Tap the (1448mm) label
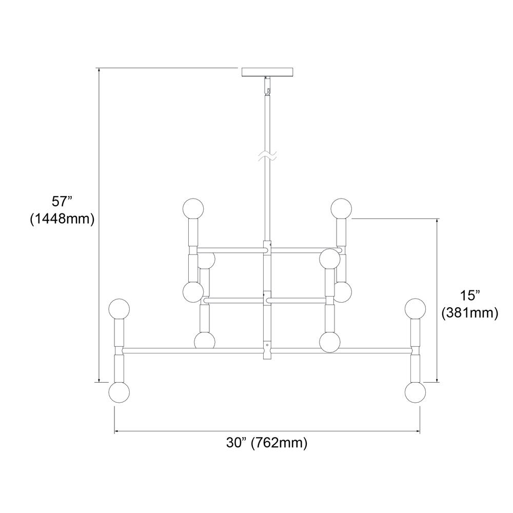(62, 219)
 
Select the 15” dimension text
(469, 295)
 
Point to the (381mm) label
(470, 313)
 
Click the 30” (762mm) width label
(267, 443)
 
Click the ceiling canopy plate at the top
(267, 72)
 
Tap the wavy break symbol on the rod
(267, 156)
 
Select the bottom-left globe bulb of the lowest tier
(119, 392)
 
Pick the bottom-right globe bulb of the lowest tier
(415, 392)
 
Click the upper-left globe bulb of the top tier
(193, 208)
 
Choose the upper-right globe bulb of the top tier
(341, 208)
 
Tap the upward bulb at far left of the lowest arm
(119, 309)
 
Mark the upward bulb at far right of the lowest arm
(415, 309)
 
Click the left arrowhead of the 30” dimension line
(116, 432)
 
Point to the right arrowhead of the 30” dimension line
(418, 432)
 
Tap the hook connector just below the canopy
(268, 86)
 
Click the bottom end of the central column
(268, 359)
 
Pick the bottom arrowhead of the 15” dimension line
(438, 379)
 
